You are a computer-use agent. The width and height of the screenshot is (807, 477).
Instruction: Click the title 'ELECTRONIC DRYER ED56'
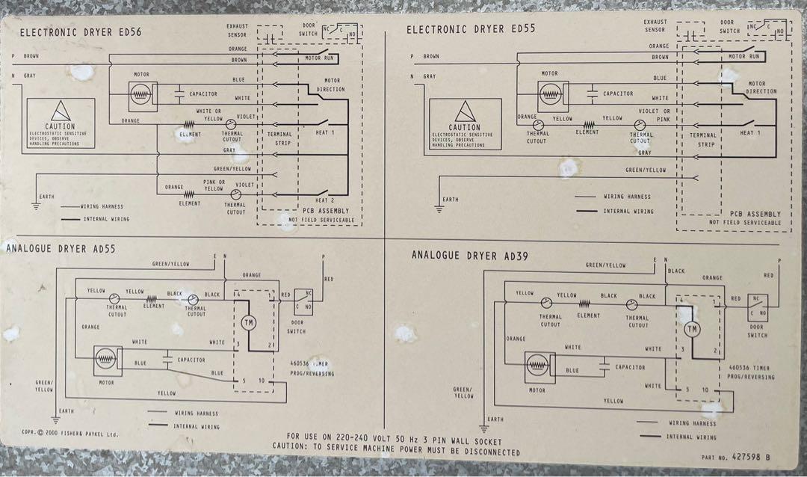click(81, 32)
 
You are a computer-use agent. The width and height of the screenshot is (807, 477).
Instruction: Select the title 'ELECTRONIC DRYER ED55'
click(467, 30)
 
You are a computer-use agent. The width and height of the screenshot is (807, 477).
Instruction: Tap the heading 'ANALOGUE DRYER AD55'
click(60, 248)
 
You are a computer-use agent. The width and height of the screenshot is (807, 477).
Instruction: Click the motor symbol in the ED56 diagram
click(141, 93)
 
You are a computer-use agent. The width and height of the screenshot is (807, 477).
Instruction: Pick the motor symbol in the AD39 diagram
click(537, 365)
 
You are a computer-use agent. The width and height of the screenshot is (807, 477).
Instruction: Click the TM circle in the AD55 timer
click(249, 323)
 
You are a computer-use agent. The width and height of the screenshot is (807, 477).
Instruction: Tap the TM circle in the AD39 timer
click(692, 329)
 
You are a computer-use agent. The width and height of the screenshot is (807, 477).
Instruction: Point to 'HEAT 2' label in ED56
click(324, 200)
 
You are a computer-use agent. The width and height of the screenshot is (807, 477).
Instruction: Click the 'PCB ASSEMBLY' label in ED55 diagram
click(755, 214)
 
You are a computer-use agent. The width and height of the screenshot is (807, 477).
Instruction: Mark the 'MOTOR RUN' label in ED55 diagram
click(744, 57)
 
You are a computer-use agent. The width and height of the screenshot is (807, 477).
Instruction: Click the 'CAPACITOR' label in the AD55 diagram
click(191, 360)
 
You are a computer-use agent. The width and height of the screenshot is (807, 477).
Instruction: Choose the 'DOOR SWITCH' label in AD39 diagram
click(757, 331)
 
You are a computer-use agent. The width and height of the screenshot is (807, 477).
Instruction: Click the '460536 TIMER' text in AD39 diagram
click(751, 369)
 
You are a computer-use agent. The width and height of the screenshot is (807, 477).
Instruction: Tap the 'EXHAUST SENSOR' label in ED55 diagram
click(655, 26)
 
